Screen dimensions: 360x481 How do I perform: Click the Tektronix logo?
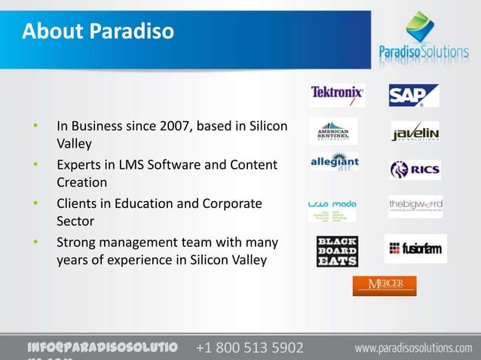click(337, 95)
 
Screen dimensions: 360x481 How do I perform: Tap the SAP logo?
click(413, 95)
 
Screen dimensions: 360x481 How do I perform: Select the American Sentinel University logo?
click(333, 131)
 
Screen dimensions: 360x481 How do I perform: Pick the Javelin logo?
click(415, 132)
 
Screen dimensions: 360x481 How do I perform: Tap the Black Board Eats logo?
click(337, 251)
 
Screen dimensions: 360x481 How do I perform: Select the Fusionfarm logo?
click(415, 248)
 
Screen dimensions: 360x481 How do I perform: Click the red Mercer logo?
click(384, 285)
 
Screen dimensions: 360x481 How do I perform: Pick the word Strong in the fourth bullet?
click(77, 243)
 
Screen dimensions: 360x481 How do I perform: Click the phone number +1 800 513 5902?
click(250, 348)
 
